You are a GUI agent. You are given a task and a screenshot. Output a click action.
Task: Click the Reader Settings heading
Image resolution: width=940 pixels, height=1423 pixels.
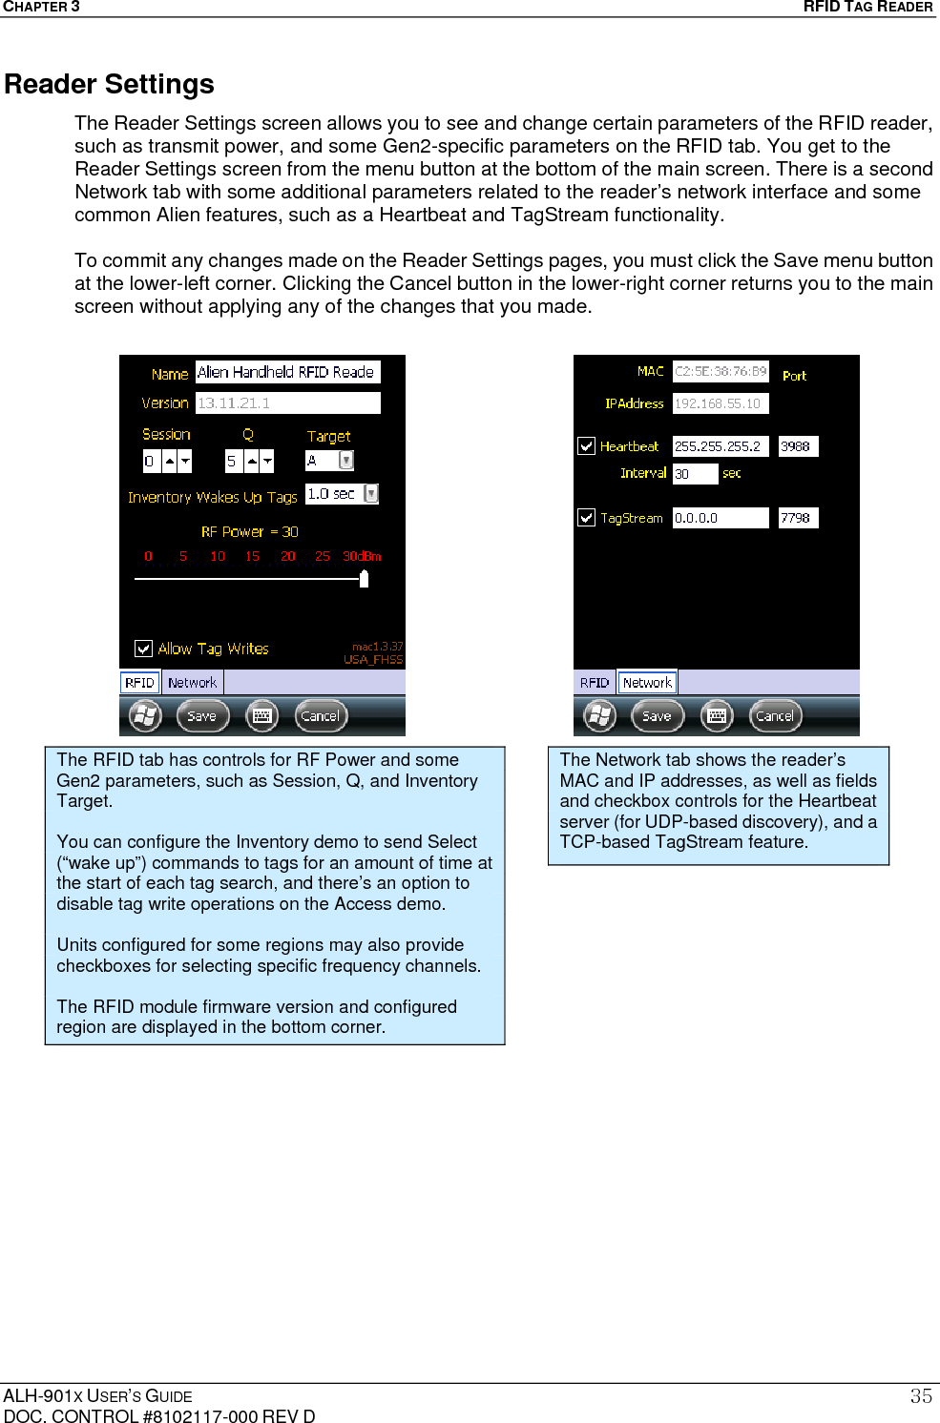click(x=109, y=84)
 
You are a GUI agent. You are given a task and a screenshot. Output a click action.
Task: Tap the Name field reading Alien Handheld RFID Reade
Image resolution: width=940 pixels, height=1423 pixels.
click(x=287, y=372)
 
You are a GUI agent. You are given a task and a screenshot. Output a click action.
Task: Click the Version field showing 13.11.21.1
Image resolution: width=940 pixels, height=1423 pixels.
click(x=287, y=402)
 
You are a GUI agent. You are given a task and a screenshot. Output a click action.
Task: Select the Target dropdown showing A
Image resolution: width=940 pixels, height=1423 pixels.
click(x=329, y=461)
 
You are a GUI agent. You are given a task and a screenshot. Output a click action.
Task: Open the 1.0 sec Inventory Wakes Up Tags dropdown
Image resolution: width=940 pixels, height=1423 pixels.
click(x=342, y=494)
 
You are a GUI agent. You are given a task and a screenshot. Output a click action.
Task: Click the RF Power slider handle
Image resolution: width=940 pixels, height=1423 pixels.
click(x=364, y=578)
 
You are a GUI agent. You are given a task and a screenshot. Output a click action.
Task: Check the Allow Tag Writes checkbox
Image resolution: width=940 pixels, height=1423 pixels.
click(x=144, y=649)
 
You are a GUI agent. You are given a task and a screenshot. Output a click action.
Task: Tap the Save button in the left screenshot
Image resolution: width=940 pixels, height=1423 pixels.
click(x=202, y=715)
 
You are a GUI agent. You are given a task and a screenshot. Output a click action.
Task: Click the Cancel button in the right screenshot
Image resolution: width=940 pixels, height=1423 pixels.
click(x=775, y=715)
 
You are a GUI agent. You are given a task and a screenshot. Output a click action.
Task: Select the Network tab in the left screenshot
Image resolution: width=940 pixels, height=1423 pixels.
click(x=192, y=683)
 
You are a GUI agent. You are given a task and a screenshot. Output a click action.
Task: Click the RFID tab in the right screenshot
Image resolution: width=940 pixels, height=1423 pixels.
click(x=595, y=683)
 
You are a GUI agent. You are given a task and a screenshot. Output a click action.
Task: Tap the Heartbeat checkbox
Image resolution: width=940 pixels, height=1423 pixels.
click(x=586, y=445)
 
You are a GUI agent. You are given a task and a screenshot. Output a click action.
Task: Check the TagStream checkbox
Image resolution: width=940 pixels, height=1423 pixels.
click(x=586, y=517)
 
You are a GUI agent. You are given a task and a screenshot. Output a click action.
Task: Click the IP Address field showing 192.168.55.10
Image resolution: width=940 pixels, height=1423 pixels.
click(x=720, y=403)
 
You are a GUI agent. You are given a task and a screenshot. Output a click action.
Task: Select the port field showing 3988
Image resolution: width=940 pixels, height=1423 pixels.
click(x=798, y=446)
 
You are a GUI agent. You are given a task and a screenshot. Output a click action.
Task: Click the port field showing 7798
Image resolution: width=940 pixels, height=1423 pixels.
click(x=798, y=518)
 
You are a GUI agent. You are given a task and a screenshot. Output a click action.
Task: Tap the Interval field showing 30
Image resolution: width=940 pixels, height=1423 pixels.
click(x=694, y=474)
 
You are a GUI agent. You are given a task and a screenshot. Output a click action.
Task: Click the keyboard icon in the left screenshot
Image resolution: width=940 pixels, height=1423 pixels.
click(x=262, y=715)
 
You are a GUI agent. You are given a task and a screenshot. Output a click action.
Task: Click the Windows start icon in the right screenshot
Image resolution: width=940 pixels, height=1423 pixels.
click(x=600, y=715)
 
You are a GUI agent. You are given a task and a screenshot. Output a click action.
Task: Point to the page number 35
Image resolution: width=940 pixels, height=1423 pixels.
click(x=921, y=1396)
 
